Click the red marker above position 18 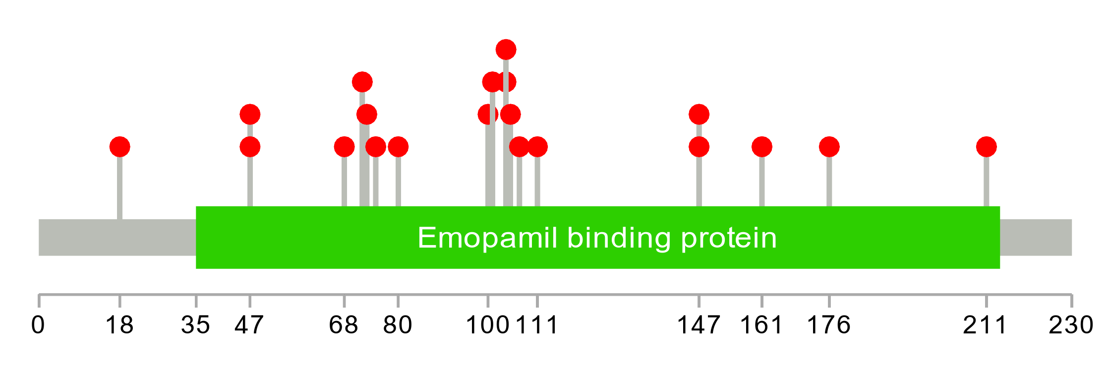119,147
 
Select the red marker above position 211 986,147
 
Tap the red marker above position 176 829,147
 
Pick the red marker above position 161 761,147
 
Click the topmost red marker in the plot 506,50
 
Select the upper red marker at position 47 250,115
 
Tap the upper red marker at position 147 699,115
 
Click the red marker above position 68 344,147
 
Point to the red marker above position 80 398,147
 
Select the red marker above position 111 537,147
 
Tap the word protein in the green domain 728,239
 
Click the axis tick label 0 38,325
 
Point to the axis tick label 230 1071,325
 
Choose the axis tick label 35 196,325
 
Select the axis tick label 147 699,325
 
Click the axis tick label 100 488,325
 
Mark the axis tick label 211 985,325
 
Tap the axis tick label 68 344,325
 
